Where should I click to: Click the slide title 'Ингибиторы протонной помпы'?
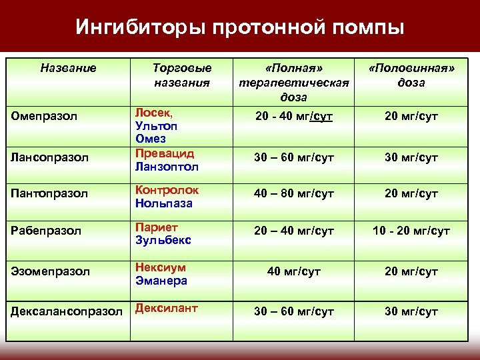[x=239, y=27]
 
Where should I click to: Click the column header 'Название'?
[x=68, y=67]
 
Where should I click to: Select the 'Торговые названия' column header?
[x=182, y=75]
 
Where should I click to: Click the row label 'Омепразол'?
[x=45, y=116]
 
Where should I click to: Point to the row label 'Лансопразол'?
[x=49, y=157]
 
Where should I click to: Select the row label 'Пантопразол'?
[x=49, y=194]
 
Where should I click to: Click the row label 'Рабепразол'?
[x=47, y=231]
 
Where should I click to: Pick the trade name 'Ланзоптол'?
[x=167, y=163]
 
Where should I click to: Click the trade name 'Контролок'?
[x=167, y=189]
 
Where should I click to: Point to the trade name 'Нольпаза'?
[x=163, y=202]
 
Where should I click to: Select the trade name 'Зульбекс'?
[x=163, y=239]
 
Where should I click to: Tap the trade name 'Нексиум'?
[x=161, y=267]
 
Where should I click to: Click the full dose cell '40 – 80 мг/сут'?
[x=294, y=194]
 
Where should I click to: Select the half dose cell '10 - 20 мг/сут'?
[x=411, y=231]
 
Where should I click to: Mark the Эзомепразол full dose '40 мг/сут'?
[x=294, y=272]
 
